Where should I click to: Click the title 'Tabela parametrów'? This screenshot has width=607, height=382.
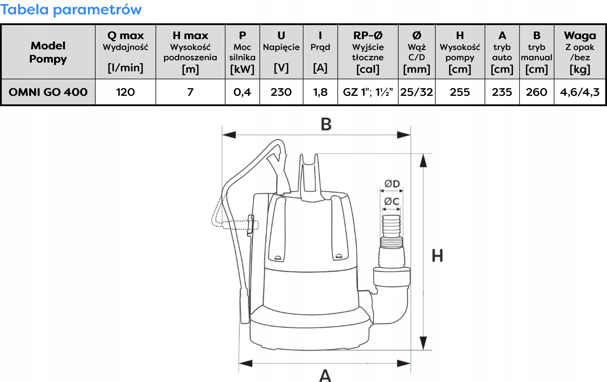click(71, 9)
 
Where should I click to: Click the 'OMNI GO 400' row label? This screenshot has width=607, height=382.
click(48, 92)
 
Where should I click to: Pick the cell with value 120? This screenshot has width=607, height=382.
click(125, 92)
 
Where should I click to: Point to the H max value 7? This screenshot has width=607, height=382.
click(190, 92)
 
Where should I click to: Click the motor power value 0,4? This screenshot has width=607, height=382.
click(242, 92)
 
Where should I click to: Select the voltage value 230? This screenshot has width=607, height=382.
click(281, 92)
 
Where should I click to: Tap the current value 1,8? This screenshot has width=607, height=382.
click(320, 92)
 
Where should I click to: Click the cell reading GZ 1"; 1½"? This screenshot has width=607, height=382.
click(368, 92)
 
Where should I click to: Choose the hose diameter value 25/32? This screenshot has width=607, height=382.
click(416, 92)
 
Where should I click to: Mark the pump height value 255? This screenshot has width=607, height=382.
click(460, 92)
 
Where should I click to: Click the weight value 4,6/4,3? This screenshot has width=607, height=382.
click(580, 92)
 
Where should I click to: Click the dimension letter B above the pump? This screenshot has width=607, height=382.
click(326, 124)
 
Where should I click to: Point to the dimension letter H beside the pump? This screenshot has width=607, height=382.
click(437, 255)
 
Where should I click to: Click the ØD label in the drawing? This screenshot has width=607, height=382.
click(392, 184)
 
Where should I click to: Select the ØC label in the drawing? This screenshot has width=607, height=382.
click(391, 201)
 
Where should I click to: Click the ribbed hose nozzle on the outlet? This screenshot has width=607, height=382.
click(391, 226)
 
